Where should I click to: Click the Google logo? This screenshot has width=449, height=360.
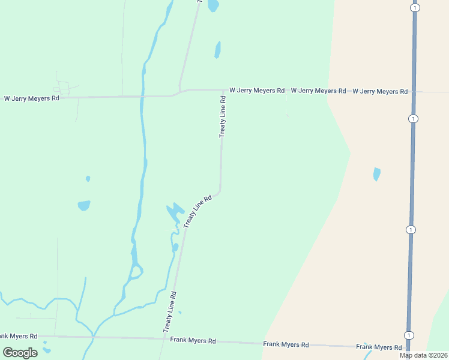[x=20, y=352]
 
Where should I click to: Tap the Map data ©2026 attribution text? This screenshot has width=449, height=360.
[x=423, y=355]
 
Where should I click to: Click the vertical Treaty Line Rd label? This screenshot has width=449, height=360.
[x=223, y=116]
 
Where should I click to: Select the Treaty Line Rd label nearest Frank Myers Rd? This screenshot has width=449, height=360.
[x=170, y=312]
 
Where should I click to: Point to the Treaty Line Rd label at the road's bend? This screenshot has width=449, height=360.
[x=199, y=211]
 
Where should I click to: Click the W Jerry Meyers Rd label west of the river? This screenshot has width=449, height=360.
[x=32, y=98]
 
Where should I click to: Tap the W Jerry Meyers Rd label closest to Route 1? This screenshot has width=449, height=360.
[x=380, y=91]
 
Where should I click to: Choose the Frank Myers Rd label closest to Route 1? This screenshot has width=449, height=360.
[x=379, y=347]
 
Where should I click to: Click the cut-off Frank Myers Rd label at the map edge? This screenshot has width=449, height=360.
[x=18, y=336]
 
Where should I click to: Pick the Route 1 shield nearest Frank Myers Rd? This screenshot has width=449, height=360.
[x=409, y=335]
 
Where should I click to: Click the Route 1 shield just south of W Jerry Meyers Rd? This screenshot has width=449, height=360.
[x=413, y=119]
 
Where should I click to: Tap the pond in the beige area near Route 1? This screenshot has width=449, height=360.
[x=376, y=174]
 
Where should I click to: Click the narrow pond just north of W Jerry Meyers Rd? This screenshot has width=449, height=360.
[x=217, y=49]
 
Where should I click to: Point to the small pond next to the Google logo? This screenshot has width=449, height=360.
[x=46, y=351]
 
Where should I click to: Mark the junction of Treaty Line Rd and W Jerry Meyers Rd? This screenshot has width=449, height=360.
[x=223, y=90]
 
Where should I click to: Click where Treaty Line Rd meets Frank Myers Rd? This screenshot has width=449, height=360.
[x=164, y=338]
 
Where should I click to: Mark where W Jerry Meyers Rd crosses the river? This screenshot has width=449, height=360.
[x=142, y=96]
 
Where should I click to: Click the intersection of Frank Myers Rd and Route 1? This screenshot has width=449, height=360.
[x=408, y=347]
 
